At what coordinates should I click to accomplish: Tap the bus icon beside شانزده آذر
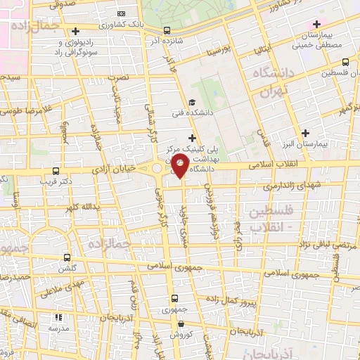(167, 30)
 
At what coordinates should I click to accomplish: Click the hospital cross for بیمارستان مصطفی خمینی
(317, 25)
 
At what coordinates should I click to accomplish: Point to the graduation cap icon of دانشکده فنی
(192, 102)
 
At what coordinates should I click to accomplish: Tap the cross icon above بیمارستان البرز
(305, 133)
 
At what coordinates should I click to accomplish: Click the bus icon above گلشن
(67, 257)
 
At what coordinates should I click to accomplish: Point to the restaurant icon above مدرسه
(57, 318)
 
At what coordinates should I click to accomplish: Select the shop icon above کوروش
(181, 324)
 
